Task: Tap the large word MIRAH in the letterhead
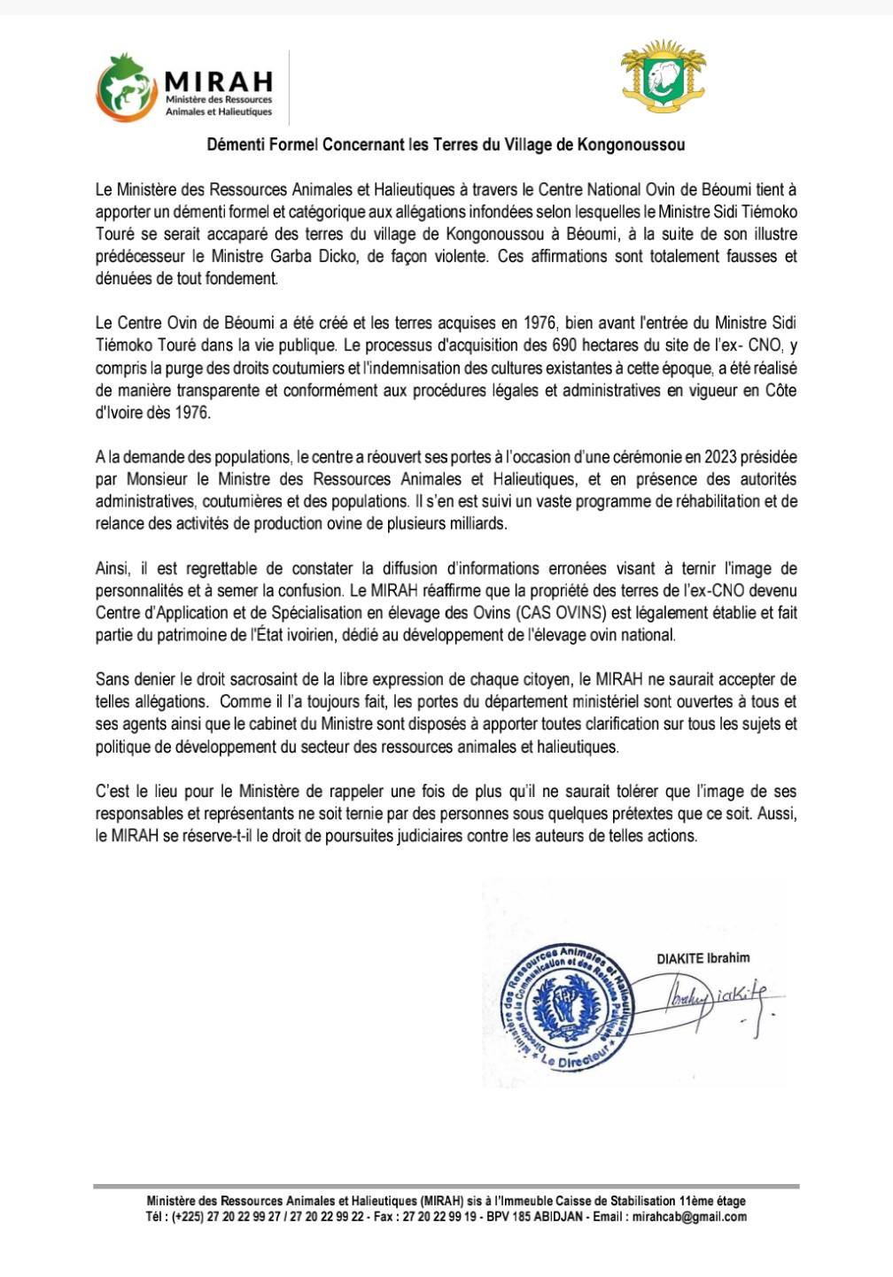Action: [x=219, y=81]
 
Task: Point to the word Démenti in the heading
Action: [x=234, y=143]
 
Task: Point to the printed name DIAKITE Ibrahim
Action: [x=703, y=957]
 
